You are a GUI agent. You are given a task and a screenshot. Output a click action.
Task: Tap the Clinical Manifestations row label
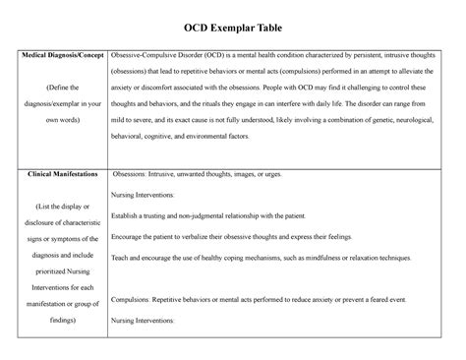pyautogui.click(x=62, y=173)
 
